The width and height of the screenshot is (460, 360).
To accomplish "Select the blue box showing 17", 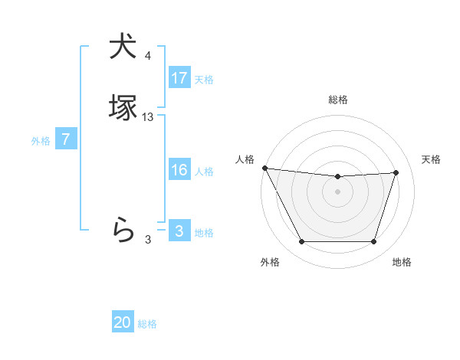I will [x=179, y=78].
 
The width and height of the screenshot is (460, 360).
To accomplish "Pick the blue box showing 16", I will [x=179, y=170].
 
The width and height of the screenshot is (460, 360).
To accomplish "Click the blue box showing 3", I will [x=179, y=231].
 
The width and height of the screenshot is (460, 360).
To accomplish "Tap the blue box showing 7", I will [x=67, y=139].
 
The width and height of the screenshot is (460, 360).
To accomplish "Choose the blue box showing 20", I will [x=123, y=322].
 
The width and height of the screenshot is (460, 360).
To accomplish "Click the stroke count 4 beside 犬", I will [x=148, y=56].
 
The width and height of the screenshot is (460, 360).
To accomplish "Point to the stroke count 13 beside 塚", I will [x=148, y=117].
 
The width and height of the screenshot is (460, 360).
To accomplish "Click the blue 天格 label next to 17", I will [x=204, y=80].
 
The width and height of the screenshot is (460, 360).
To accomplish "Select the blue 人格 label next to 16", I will [x=204, y=172].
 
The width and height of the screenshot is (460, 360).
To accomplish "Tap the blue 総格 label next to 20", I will [x=147, y=324].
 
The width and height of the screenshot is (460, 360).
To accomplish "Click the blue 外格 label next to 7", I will [x=41, y=141].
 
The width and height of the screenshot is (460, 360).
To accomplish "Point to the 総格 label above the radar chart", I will [x=337, y=100].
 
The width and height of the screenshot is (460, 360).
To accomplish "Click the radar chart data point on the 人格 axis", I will [x=264, y=168].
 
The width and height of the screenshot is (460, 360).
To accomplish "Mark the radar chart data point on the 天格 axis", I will [x=396, y=172].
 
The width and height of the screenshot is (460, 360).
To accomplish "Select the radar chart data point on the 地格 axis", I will [x=374, y=242].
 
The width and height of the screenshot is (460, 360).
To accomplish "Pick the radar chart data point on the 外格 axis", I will [x=301, y=242].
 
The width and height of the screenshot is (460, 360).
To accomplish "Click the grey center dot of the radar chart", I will [x=337, y=191].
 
